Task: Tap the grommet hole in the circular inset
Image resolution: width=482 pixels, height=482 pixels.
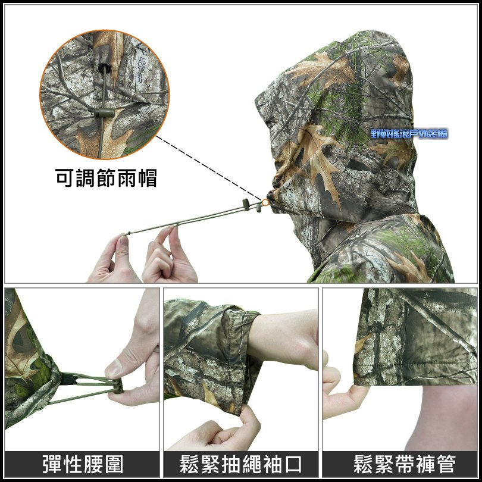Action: click(x=105, y=68)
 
